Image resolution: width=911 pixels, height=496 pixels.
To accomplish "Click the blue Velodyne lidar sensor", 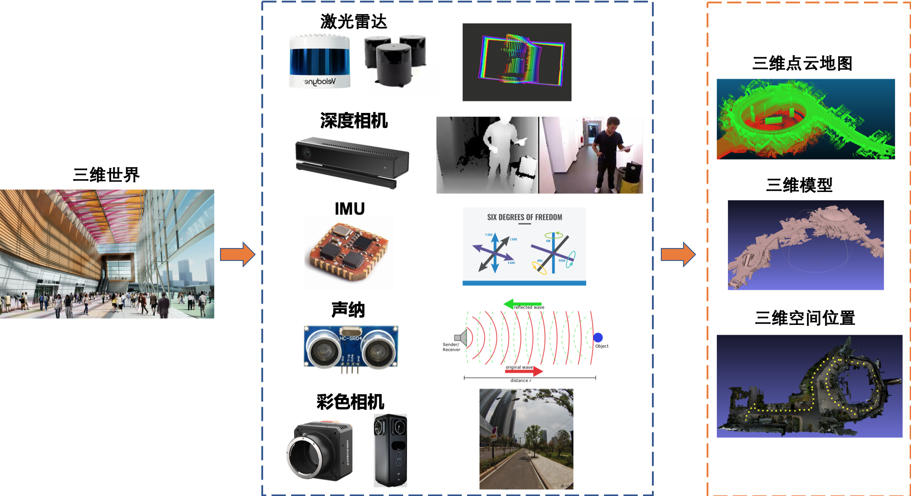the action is pos(320,61).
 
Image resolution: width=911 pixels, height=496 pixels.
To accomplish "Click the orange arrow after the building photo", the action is pos(237,254).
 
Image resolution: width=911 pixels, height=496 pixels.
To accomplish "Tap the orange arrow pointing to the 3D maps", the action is pos(678,254).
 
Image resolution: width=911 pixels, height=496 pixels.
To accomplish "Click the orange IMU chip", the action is pos(349,251).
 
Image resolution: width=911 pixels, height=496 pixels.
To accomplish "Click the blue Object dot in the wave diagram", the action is pos(598,337).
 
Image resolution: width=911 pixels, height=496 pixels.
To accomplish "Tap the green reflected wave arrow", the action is pos(522,304).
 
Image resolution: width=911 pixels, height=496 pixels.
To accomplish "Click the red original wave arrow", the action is pos(524,371).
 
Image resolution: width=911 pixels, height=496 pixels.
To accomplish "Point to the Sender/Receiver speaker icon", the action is pos(461,338).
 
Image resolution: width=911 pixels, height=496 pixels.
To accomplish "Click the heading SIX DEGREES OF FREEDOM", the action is pos(524,217).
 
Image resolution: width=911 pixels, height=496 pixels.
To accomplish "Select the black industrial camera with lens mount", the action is pos(320,450).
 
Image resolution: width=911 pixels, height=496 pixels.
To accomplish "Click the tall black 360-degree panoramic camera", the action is pos(390,450).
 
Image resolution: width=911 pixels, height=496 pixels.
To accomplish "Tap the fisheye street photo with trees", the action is pos(527,439).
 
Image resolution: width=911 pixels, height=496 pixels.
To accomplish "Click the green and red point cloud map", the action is pos(806,119).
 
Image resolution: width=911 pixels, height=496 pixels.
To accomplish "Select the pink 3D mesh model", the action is pos(806,245).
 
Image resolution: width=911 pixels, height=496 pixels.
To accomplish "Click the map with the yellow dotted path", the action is pos(809,386).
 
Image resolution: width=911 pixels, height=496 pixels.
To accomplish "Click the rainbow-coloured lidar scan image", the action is pos(517,62).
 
